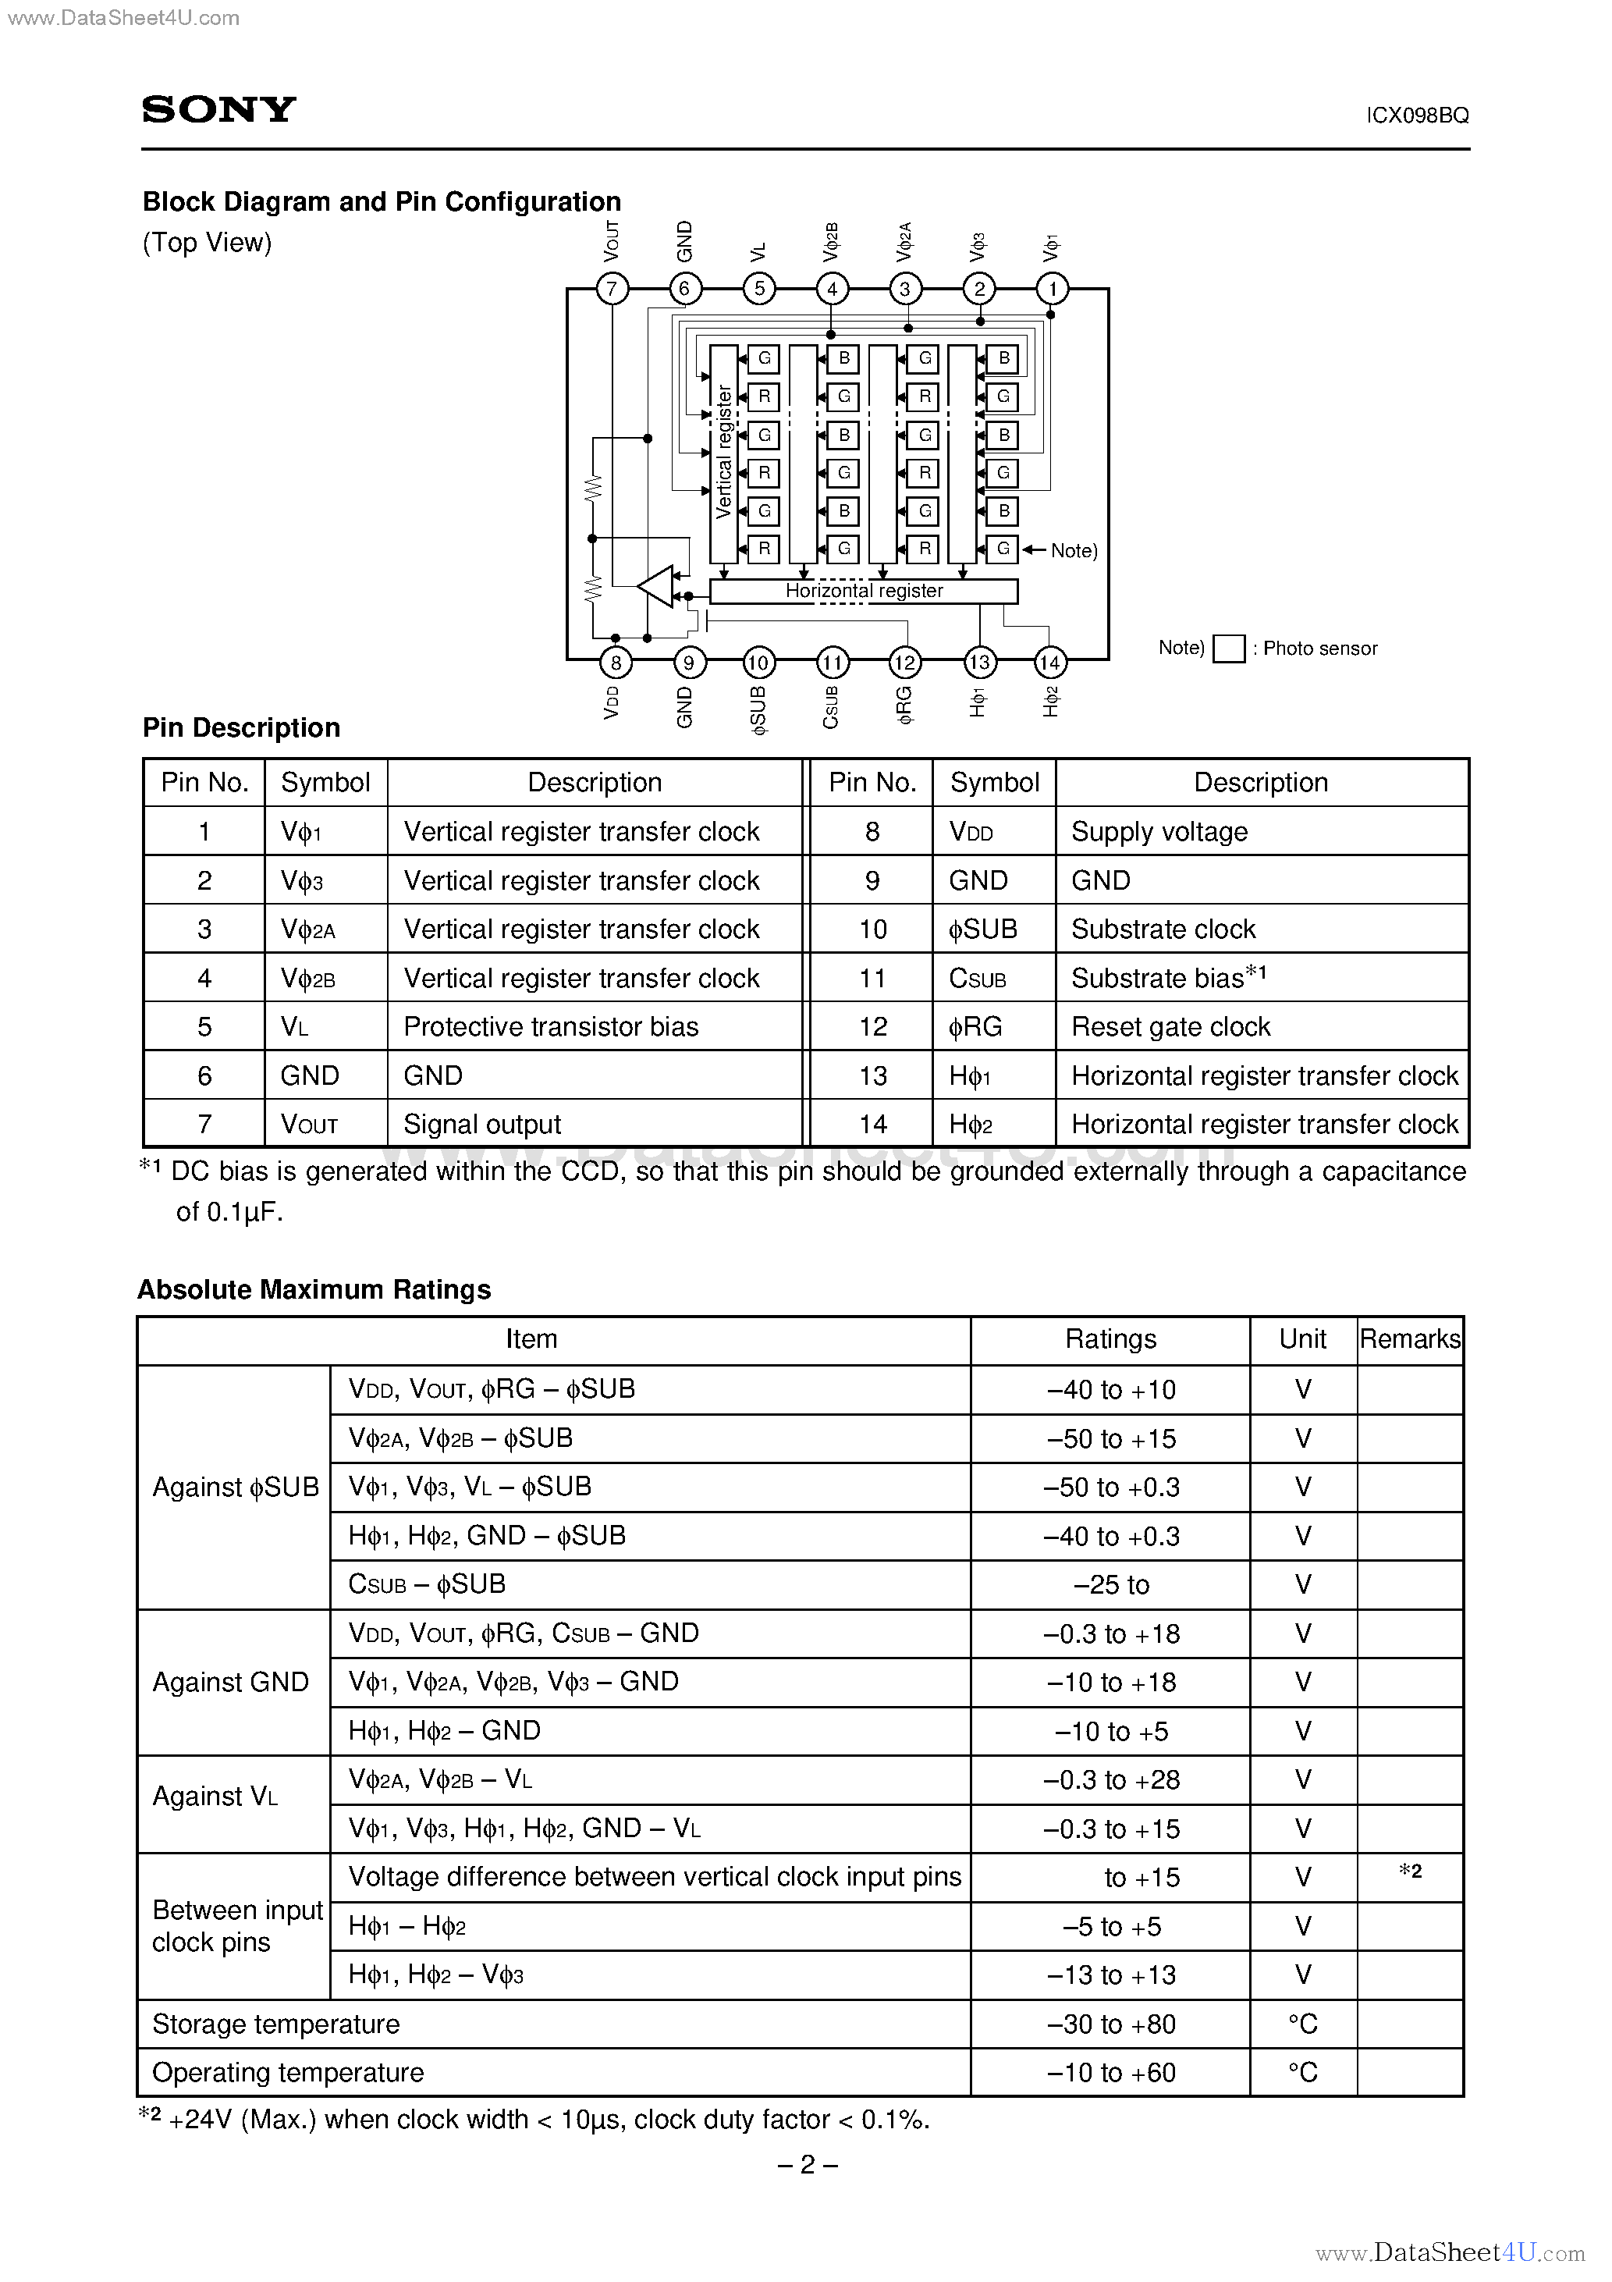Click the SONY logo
point(218,108)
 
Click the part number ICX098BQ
point(1416,116)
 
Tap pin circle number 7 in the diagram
point(612,290)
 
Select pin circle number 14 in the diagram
point(1050,662)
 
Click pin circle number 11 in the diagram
point(831,662)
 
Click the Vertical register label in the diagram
point(723,452)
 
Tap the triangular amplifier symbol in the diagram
point(657,586)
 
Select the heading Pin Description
point(242,727)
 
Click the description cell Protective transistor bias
point(551,1027)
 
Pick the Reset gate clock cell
point(1170,1027)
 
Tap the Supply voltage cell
point(1159,832)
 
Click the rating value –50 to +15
point(1110,1438)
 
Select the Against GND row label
point(231,1682)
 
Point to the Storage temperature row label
point(275,2024)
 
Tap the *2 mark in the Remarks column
point(1409,1871)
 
